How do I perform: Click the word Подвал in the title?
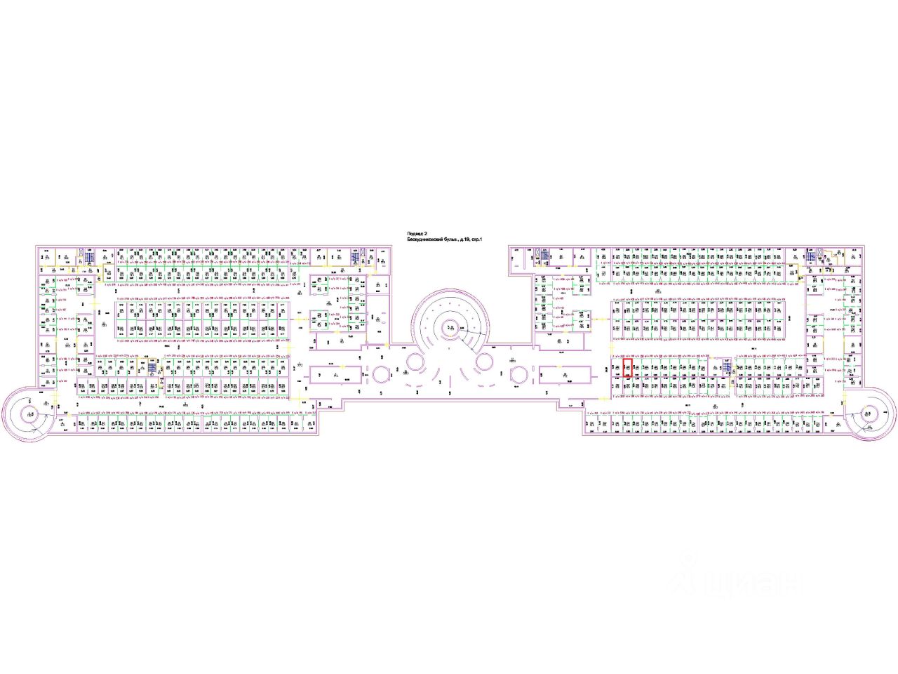point(415,234)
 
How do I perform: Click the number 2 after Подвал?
point(425,234)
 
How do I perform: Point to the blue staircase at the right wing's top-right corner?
point(811,256)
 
